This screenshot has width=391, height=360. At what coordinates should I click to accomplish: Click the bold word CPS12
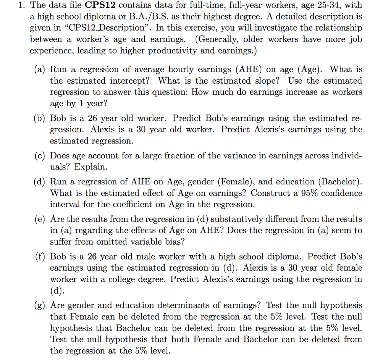104,6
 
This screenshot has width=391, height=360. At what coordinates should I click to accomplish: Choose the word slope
262,81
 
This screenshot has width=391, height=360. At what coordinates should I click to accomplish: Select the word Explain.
91,167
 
